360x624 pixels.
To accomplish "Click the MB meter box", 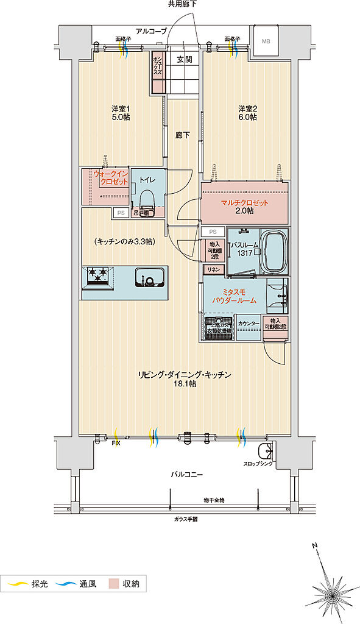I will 266,41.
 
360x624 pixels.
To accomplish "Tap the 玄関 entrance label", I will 185,59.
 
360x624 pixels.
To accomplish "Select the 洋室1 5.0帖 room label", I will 120,113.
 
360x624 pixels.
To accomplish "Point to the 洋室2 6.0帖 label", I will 247,113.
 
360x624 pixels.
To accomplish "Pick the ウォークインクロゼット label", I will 110,179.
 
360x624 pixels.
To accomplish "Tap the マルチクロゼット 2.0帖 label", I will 244,207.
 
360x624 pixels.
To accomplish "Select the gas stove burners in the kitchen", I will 97,276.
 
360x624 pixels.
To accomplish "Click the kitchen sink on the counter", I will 149,277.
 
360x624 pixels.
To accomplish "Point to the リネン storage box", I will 214,269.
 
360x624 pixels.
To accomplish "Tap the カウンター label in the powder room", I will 249,324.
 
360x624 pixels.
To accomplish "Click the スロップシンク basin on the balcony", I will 265,452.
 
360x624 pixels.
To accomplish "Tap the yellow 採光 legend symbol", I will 16,584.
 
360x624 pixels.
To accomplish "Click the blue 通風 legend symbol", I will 64,584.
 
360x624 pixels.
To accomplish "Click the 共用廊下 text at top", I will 182,5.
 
